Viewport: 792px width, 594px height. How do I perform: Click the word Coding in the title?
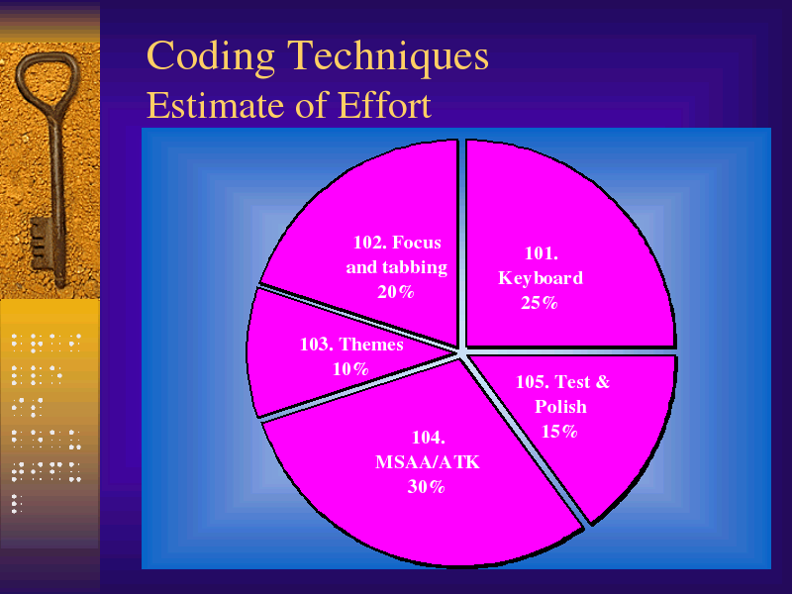pyautogui.click(x=211, y=57)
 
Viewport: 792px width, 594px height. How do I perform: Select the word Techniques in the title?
pyautogui.click(x=388, y=55)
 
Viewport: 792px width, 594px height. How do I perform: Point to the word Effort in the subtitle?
pyautogui.click(x=384, y=105)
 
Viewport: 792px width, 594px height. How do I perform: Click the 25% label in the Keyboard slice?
pyautogui.click(x=539, y=303)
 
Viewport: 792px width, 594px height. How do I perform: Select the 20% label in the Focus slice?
pyautogui.click(x=395, y=291)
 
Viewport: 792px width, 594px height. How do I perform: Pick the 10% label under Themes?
pyautogui.click(x=350, y=368)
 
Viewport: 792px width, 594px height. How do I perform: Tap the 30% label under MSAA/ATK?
pyautogui.click(x=426, y=486)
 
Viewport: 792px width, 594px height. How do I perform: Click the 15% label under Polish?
pyautogui.click(x=559, y=431)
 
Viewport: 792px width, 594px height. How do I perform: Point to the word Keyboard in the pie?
pyautogui.click(x=541, y=278)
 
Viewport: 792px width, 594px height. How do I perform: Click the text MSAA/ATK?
pyautogui.click(x=428, y=461)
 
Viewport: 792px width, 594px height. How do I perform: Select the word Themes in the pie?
pyautogui.click(x=371, y=344)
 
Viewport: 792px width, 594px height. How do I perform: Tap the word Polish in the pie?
pyautogui.click(x=560, y=406)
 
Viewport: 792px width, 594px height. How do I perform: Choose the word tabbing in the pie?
pyautogui.click(x=415, y=267)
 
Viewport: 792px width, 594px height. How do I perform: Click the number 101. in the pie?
pyautogui.click(x=542, y=253)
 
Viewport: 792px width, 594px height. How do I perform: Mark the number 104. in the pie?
pyautogui.click(x=429, y=437)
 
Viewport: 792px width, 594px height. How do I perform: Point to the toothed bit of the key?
pyautogui.click(x=41, y=244)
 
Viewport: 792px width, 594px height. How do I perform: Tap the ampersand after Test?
pyautogui.click(x=603, y=381)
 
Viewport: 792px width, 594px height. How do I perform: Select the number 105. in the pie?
pyautogui.click(x=533, y=381)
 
